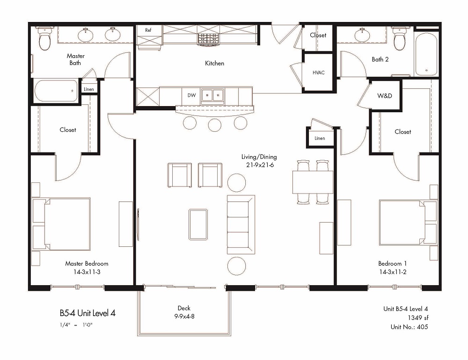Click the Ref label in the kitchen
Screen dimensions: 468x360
coord(148,30)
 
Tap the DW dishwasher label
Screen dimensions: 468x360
coord(191,95)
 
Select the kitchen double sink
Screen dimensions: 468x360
coord(212,95)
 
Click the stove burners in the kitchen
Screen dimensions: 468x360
coord(208,39)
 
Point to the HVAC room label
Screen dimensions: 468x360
coord(318,72)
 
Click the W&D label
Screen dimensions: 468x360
coord(384,96)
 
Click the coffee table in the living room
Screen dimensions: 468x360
coord(198,224)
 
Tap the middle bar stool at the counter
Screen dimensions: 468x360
coord(215,125)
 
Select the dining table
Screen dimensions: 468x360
coord(313,182)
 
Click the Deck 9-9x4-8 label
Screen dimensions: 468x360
coord(184,312)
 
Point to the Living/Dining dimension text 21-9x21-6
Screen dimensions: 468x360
coord(260,165)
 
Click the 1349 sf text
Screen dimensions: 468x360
coord(418,317)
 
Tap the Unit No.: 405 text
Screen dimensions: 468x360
coord(409,327)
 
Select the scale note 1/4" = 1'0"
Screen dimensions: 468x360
coord(76,325)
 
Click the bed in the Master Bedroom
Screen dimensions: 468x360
coord(61,223)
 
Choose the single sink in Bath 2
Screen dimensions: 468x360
coord(362,35)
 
